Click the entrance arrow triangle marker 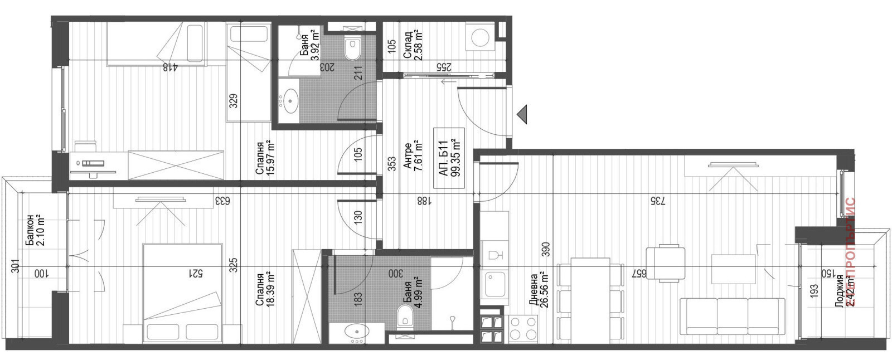521,114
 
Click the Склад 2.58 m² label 413,45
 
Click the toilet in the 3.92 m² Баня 352,48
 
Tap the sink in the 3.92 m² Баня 289,101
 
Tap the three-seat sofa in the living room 732,316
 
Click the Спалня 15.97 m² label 266,158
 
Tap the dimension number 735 657,201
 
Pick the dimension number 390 546,249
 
